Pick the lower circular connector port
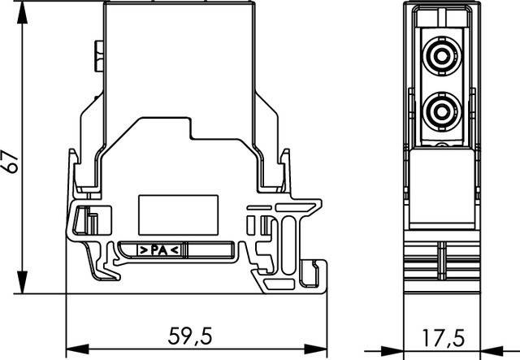443,109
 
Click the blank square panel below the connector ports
443,180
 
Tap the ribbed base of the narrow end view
443,264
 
